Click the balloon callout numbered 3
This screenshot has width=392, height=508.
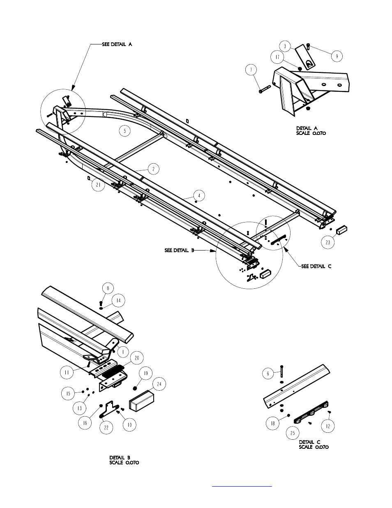285,46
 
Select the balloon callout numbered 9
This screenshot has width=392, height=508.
337,56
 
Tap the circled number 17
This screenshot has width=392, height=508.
277,57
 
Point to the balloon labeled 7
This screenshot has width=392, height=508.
252,70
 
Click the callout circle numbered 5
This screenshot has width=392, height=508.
125,131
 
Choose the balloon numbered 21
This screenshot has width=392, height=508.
98,186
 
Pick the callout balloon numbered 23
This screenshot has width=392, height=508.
327,242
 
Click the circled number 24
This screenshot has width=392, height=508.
159,385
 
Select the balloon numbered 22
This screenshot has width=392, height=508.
106,427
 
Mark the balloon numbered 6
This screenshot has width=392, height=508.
268,373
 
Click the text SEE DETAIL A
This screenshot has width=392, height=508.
117,44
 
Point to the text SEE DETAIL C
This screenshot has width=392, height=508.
316,267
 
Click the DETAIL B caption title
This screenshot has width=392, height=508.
120,457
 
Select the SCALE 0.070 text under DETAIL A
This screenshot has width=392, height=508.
311,133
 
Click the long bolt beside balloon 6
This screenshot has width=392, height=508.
281,371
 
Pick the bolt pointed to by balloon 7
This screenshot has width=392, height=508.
264,89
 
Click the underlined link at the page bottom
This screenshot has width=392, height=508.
242,486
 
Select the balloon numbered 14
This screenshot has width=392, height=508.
118,301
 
